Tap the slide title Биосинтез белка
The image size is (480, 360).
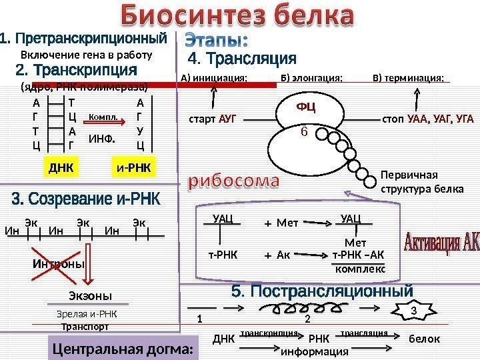click(x=237, y=16)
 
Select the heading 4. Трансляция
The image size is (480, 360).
click(x=243, y=59)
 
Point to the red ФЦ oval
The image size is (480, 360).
click(x=306, y=107)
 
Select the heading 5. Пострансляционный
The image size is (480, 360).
click(x=323, y=291)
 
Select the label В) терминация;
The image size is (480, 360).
click(x=408, y=78)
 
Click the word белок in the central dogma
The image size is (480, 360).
click(x=424, y=339)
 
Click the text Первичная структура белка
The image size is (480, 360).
click(x=421, y=181)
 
